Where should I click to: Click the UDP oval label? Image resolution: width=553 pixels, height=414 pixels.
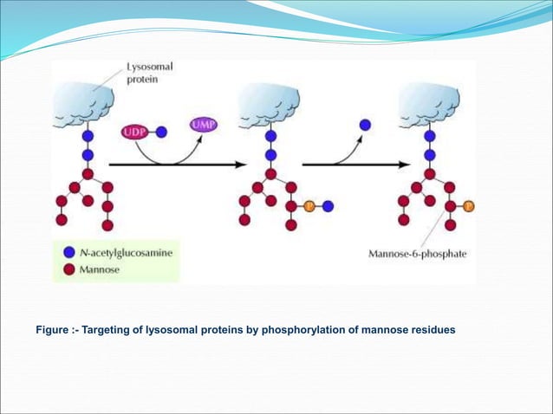133,133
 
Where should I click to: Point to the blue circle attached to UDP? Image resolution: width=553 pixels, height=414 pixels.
161,133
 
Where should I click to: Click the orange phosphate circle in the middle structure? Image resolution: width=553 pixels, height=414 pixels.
309,206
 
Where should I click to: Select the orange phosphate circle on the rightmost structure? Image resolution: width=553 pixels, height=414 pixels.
469,206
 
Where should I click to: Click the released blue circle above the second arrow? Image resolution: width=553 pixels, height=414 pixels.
365,126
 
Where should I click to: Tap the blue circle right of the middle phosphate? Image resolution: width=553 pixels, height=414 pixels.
329,206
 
